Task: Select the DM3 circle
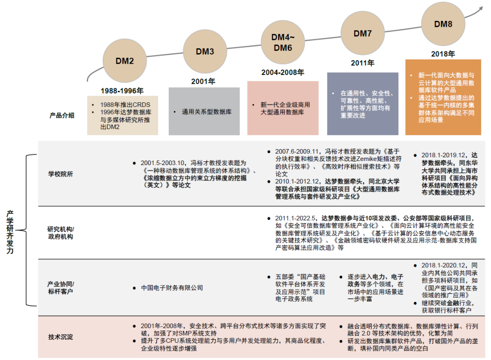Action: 205,51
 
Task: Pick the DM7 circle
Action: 362,33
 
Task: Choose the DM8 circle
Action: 443,24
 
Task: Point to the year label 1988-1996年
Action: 122,90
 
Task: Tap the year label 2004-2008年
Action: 283,72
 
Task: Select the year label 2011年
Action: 362,63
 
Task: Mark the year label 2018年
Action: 443,54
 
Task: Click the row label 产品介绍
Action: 62,115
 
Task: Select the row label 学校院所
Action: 60,174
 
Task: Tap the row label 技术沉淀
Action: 60,337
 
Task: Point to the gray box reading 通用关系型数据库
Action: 204,111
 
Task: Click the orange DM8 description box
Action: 443,97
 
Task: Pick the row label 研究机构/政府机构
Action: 60,233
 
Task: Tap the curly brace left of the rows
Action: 29,230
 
